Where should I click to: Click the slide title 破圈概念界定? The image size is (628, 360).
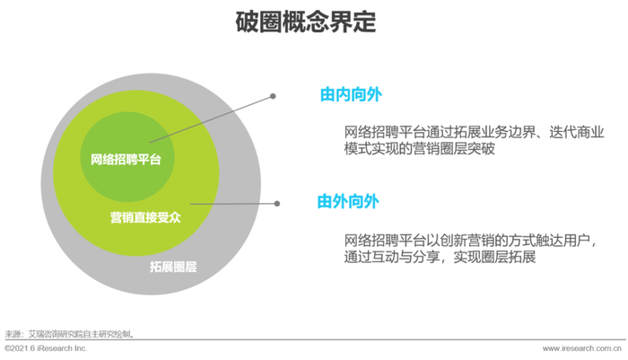pyautogui.click(x=306, y=22)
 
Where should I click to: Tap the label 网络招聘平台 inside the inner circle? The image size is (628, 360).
pyautogui.click(x=126, y=160)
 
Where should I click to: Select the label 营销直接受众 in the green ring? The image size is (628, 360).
pyautogui.click(x=145, y=217)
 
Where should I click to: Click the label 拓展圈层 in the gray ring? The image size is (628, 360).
pyautogui.click(x=173, y=267)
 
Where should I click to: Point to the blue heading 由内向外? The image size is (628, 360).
pyautogui.click(x=351, y=94)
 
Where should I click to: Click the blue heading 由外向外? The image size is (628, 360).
pyautogui.click(x=348, y=201)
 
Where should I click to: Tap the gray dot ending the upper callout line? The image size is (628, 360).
pyautogui.click(x=273, y=96)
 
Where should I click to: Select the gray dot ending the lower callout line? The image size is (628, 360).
pyautogui.click(x=276, y=204)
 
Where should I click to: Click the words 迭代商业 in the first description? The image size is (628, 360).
pyautogui.click(x=577, y=132)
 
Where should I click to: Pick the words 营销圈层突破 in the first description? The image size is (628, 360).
pyautogui.click(x=454, y=148)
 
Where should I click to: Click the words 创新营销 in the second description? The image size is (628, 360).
pyautogui.click(x=467, y=240)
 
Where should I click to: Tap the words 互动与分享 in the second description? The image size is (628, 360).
pyautogui.click(x=406, y=257)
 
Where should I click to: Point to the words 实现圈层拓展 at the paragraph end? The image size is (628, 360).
pyautogui.click(x=494, y=257)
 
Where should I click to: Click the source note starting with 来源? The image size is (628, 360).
pyautogui.click(x=69, y=334)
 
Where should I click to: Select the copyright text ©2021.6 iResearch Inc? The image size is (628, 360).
pyautogui.click(x=46, y=348)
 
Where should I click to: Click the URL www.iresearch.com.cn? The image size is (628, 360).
pyautogui.click(x=582, y=348)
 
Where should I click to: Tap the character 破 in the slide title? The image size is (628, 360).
pyautogui.click(x=247, y=22)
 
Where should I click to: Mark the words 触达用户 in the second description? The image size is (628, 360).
pyautogui.click(x=563, y=240)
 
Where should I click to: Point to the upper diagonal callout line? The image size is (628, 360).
pyautogui.click(x=212, y=119)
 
